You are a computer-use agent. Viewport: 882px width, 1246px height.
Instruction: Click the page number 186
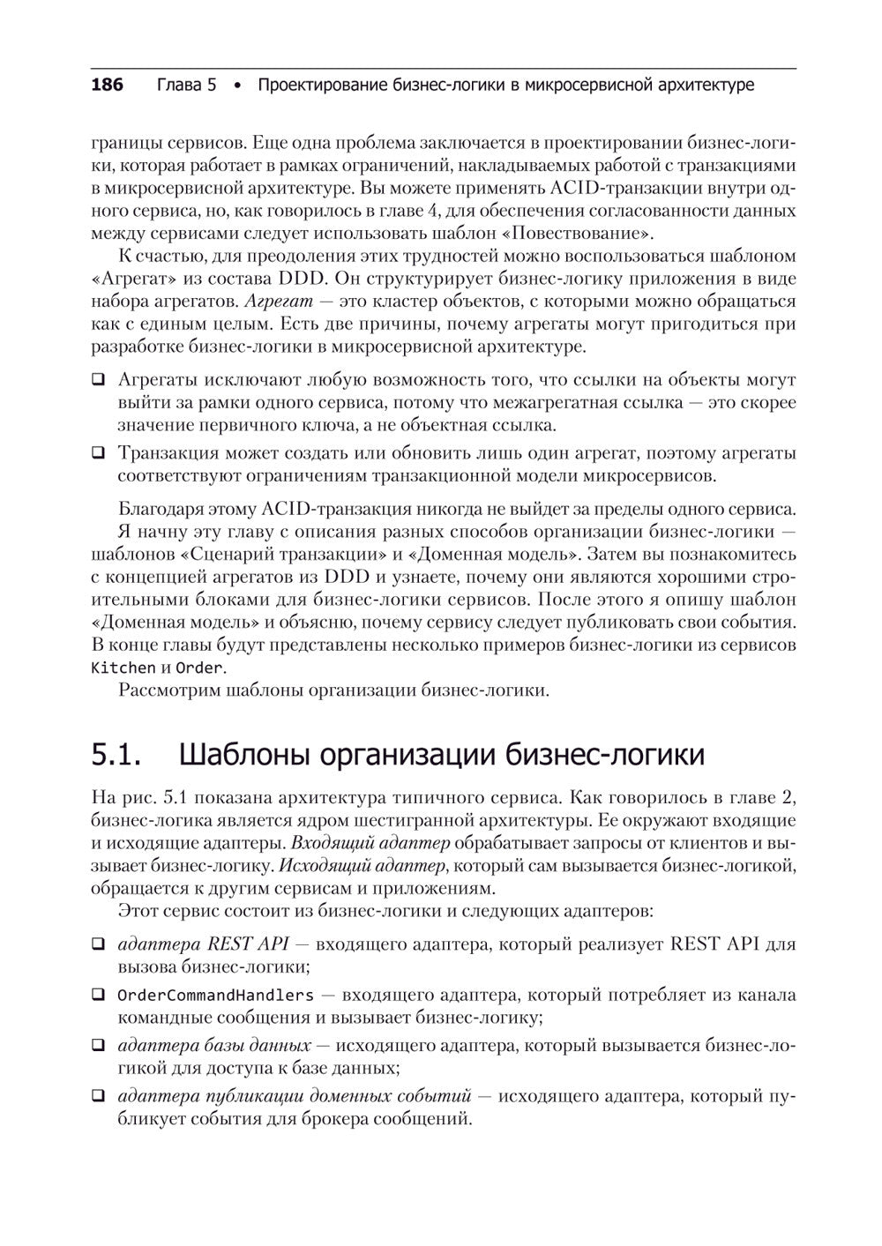(107, 86)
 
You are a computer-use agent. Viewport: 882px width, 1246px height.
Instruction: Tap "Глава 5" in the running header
(186, 86)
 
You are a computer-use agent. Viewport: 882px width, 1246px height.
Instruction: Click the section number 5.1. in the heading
(116, 755)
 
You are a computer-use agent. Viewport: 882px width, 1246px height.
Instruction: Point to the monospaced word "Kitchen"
(123, 668)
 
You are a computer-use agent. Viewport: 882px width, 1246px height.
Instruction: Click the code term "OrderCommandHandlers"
(215, 996)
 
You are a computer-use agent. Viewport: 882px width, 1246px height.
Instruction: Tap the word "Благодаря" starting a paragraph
(155, 510)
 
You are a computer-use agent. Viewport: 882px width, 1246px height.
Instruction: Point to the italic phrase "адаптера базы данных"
(213, 1046)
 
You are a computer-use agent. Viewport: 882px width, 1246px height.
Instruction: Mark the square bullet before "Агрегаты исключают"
(98, 381)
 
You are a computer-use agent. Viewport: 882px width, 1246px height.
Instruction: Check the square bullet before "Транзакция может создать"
(98, 454)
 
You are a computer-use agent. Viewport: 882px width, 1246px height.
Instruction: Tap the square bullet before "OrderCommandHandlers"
(98, 996)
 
